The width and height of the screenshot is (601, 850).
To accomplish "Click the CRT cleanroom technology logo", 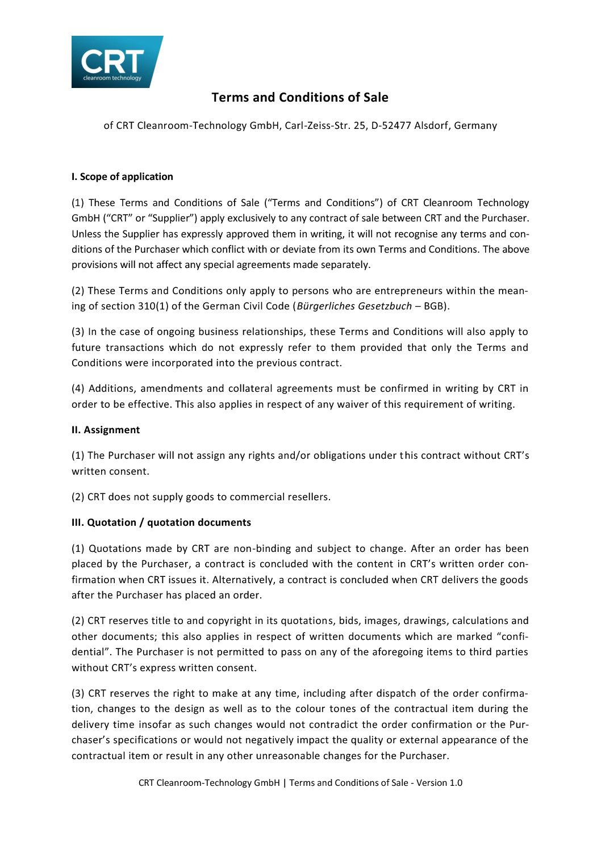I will tap(116, 62).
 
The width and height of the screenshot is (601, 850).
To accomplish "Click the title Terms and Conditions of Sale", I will tap(300, 98).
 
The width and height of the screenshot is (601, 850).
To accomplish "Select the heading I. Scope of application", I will tap(122, 177).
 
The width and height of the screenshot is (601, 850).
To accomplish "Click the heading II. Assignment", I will tap(106, 430).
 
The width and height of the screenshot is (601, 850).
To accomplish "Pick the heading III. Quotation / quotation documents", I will tap(161, 522).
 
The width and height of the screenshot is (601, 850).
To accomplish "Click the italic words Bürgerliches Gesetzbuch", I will tap(354, 306).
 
